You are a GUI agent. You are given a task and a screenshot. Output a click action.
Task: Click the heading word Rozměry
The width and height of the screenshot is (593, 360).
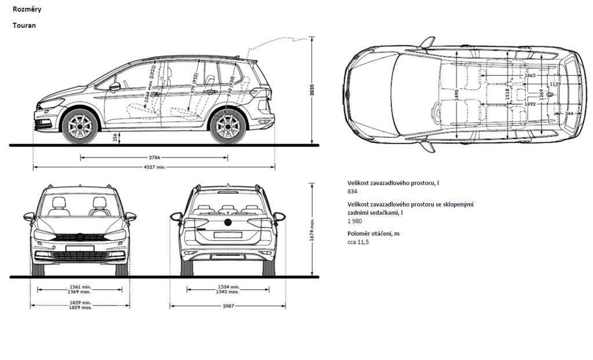(26, 10)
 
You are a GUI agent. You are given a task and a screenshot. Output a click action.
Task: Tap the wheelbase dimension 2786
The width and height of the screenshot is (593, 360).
(153, 157)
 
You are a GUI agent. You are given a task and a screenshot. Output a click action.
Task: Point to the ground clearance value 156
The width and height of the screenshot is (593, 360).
(115, 138)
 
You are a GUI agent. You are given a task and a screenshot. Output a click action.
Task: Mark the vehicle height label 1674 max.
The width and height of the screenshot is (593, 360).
(312, 230)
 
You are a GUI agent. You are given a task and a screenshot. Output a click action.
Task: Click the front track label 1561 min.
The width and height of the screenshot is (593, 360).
(80, 286)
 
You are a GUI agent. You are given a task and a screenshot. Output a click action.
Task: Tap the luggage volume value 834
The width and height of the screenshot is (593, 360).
(352, 191)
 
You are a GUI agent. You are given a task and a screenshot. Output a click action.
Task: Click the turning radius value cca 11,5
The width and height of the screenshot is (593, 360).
(358, 241)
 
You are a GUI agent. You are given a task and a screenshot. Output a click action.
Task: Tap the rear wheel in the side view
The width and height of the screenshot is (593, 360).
(227, 127)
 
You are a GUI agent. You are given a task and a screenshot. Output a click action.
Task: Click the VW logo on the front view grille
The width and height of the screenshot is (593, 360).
(79, 237)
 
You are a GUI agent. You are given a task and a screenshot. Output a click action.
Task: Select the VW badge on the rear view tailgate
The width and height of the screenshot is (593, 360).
(228, 222)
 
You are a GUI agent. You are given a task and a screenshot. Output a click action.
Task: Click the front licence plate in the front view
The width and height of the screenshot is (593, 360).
(79, 249)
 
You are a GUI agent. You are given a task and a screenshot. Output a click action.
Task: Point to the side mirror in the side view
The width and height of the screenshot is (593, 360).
(115, 87)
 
